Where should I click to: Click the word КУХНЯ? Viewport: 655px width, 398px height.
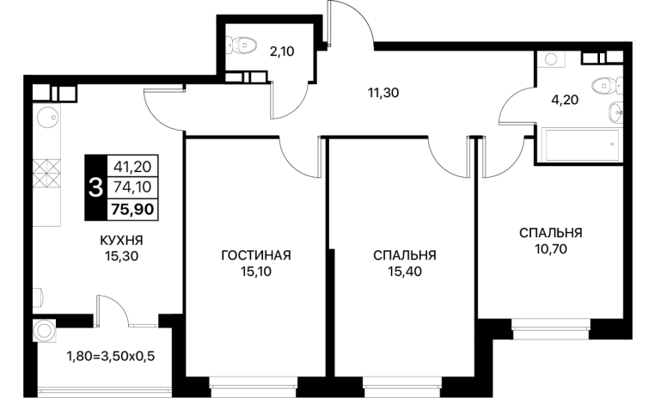tap(121, 241)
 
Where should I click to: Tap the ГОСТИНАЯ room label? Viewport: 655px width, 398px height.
tap(256, 255)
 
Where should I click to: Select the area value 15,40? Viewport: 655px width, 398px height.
tap(405, 272)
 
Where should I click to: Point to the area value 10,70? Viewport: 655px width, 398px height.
tap(551, 249)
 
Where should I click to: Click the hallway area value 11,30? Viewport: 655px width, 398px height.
tap(383, 93)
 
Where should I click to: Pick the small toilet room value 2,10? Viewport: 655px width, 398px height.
tap(282, 52)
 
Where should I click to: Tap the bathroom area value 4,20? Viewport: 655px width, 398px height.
tap(565, 101)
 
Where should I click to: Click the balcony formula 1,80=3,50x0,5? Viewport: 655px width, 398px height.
tap(111, 356)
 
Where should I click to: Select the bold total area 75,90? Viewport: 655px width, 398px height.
tap(132, 209)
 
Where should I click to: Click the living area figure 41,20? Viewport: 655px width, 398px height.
tap(132, 167)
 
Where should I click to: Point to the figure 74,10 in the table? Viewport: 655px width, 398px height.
tap(132, 187)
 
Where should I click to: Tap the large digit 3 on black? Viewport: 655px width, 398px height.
tap(95, 187)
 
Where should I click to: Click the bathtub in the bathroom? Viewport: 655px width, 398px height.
tap(580, 144)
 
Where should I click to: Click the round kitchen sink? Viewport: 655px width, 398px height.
tap(46, 116)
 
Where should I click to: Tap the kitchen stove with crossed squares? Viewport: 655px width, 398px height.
tap(46, 173)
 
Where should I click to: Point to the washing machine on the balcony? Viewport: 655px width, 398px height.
tap(44, 331)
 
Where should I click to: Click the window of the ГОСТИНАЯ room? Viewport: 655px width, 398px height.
tap(254, 382)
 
